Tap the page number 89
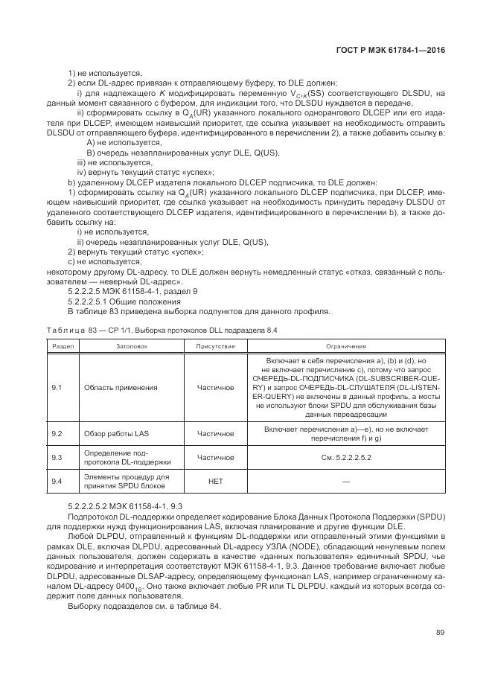pyautogui.click(x=441, y=633)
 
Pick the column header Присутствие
pyautogui.click(x=215, y=346)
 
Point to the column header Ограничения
pyautogui.click(x=345, y=346)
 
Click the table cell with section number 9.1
pyautogui.click(x=56, y=388)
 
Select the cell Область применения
pyautogui.click(x=121, y=388)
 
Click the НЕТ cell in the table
pyautogui.click(x=215, y=482)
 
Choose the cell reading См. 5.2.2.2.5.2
pyautogui.click(x=345, y=458)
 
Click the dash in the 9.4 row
pyautogui.click(x=345, y=482)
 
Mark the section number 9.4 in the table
pyautogui.click(x=56, y=482)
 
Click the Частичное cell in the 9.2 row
pyautogui.click(x=215, y=433)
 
